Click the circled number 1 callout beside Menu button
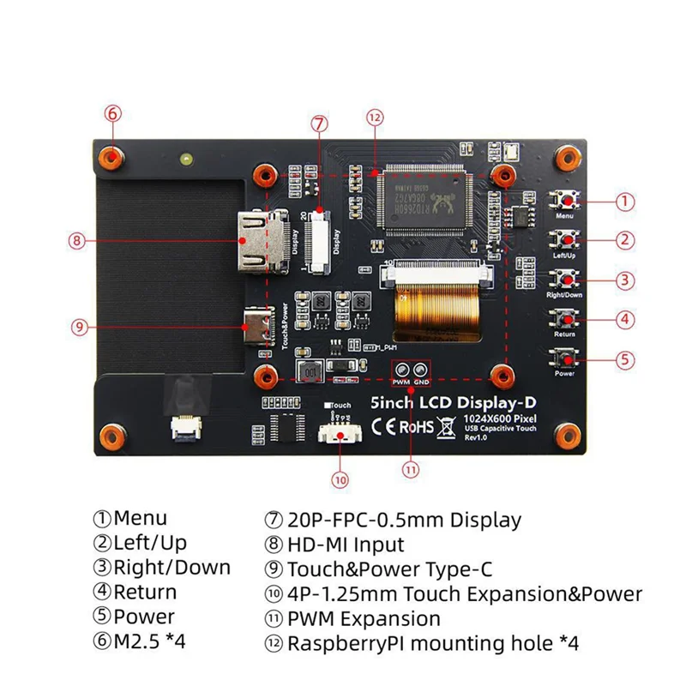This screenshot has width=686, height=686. point(627,202)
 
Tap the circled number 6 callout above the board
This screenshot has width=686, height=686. point(114,113)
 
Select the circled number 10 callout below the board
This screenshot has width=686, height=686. point(340,480)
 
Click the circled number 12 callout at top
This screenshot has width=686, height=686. point(374,118)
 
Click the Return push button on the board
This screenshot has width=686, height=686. point(564,320)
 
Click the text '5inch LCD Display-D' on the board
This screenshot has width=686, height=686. point(422,400)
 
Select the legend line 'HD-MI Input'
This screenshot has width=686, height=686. point(334,544)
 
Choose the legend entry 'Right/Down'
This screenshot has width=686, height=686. point(163,567)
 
